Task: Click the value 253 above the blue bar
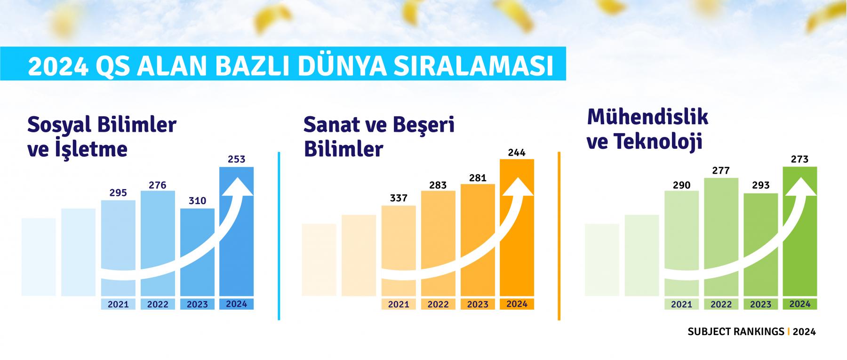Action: pos(236,159)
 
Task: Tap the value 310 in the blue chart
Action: pos(197,201)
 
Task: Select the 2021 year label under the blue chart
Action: pos(118,304)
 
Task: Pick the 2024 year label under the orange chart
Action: pos(517,304)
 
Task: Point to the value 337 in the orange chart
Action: pos(399,198)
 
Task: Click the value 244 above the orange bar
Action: pos(517,152)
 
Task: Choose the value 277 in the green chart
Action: pos(721,170)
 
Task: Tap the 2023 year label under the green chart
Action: pos(760,304)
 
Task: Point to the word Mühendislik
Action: pos(647,116)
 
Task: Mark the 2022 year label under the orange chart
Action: pos(438,304)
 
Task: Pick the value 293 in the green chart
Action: pos(760,185)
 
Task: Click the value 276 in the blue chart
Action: pos(157,185)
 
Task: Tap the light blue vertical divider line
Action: pos(279,236)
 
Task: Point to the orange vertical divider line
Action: pos(559,236)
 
